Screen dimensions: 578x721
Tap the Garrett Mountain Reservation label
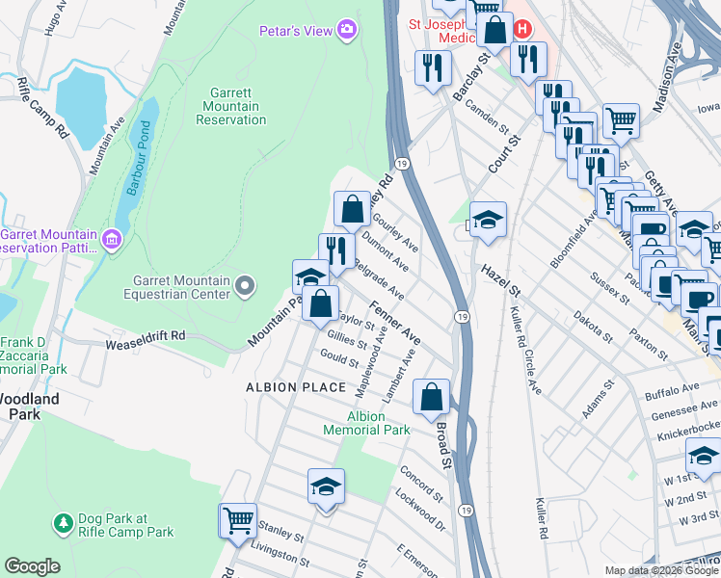point(230,106)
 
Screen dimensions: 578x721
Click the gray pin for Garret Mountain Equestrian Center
point(246,284)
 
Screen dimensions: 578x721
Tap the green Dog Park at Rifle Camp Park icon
point(63,523)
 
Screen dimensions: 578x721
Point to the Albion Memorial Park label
point(366,423)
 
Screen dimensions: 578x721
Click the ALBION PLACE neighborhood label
point(295,387)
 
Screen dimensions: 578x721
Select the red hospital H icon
point(522,29)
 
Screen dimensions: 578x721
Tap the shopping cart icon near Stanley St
point(238,520)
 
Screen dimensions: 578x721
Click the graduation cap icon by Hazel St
point(489,221)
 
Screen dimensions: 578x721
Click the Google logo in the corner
point(32,566)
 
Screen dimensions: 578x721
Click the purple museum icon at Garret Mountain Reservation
point(112,239)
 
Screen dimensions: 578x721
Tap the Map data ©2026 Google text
point(660,570)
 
